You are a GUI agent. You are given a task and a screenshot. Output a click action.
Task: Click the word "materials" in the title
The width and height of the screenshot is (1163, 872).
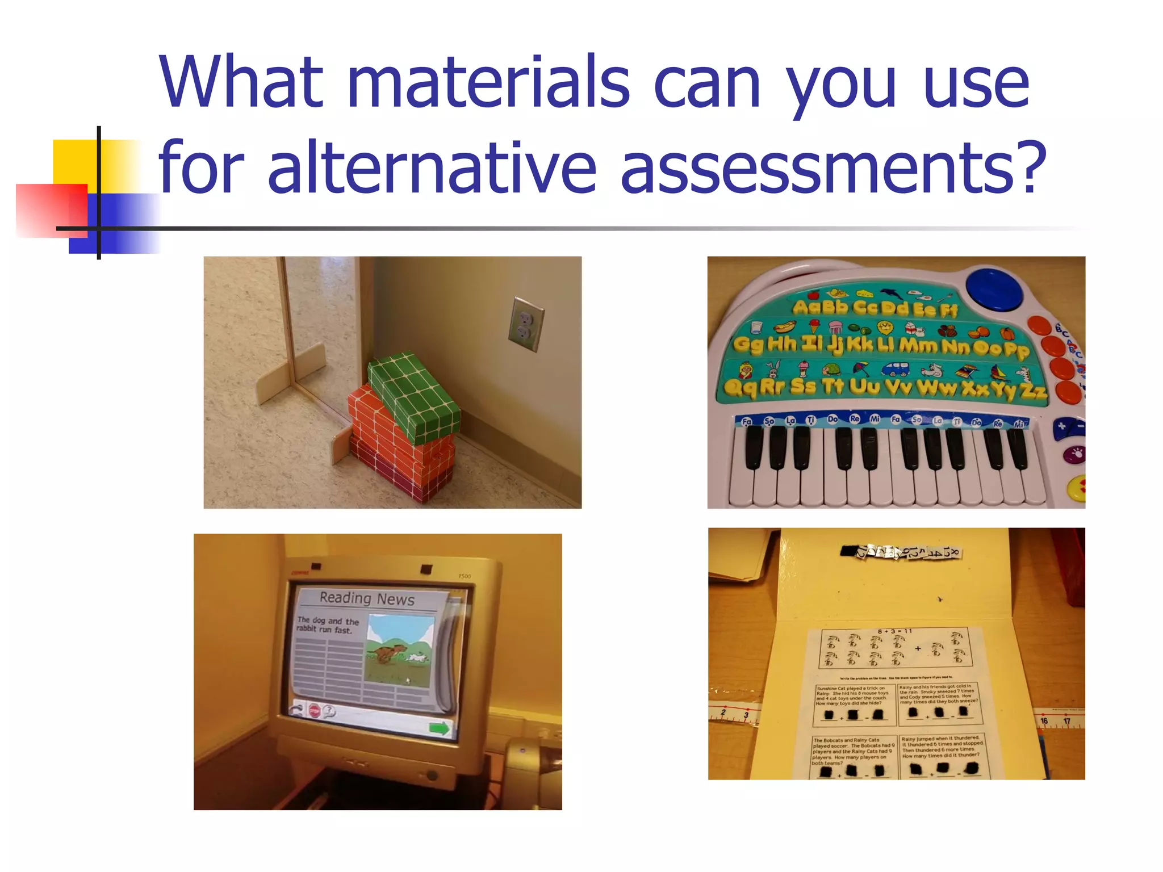(488, 82)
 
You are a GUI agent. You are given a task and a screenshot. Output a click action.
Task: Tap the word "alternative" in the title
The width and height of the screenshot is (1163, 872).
(432, 167)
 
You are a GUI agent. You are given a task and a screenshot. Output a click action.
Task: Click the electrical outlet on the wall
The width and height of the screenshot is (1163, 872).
(525, 324)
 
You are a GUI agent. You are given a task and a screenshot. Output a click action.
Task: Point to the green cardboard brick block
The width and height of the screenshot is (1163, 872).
(413, 397)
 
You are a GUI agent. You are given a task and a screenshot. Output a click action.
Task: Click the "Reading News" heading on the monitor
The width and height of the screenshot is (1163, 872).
(367, 598)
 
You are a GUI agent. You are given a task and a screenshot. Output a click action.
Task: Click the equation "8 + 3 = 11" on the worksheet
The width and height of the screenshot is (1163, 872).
(894, 631)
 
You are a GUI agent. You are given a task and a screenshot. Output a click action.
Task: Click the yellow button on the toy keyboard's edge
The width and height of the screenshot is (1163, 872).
(1077, 487)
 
